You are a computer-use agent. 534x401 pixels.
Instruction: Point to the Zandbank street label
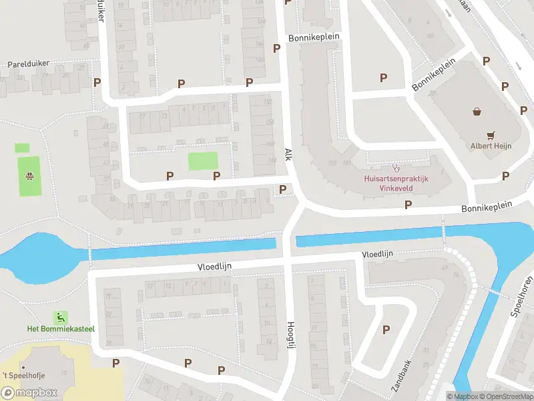[x=403, y=376]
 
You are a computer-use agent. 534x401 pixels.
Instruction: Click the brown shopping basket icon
[x=477, y=112]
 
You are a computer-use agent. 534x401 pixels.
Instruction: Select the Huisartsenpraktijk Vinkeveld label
[x=395, y=184]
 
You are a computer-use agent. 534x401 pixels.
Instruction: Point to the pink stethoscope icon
[x=395, y=168]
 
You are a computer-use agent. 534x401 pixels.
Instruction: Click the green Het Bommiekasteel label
[x=61, y=328]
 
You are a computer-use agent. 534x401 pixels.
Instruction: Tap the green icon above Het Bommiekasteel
[x=61, y=317]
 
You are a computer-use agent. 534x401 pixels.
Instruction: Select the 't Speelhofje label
[x=23, y=376]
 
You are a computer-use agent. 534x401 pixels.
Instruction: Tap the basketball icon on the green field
[x=30, y=176]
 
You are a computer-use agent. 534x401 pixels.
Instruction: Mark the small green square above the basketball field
[x=22, y=148]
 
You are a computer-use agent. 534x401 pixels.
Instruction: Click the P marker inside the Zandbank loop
[x=386, y=329]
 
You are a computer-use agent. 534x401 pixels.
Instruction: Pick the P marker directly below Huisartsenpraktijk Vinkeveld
[x=408, y=205]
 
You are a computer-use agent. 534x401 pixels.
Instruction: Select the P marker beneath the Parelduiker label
[x=97, y=83]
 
